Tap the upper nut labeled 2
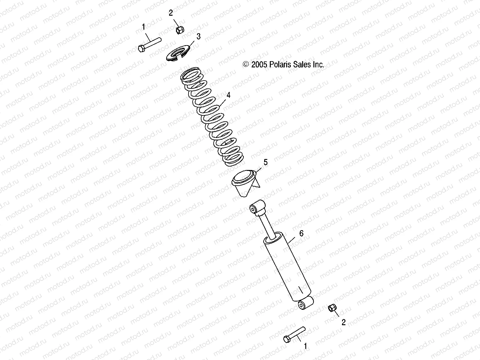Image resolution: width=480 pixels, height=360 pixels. pyautogui.click(x=179, y=30)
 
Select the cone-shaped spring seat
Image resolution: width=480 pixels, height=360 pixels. pyautogui.click(x=245, y=183)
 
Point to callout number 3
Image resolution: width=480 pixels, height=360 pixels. pyautogui.click(x=198, y=37)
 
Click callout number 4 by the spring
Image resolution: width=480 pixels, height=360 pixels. pyautogui.click(x=228, y=95)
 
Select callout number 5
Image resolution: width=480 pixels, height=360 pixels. pyautogui.click(x=265, y=162)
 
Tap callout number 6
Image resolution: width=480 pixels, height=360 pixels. pyautogui.click(x=301, y=233)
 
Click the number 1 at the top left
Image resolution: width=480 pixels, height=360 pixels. pyautogui.click(x=144, y=27)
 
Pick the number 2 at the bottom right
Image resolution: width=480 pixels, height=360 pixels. pyautogui.click(x=344, y=322)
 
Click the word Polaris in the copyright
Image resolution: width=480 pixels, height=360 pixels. pyautogui.click(x=280, y=65)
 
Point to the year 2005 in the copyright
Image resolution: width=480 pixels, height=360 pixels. pyautogui.click(x=259, y=65)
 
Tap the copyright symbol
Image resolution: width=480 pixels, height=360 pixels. pyautogui.click(x=246, y=65)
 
